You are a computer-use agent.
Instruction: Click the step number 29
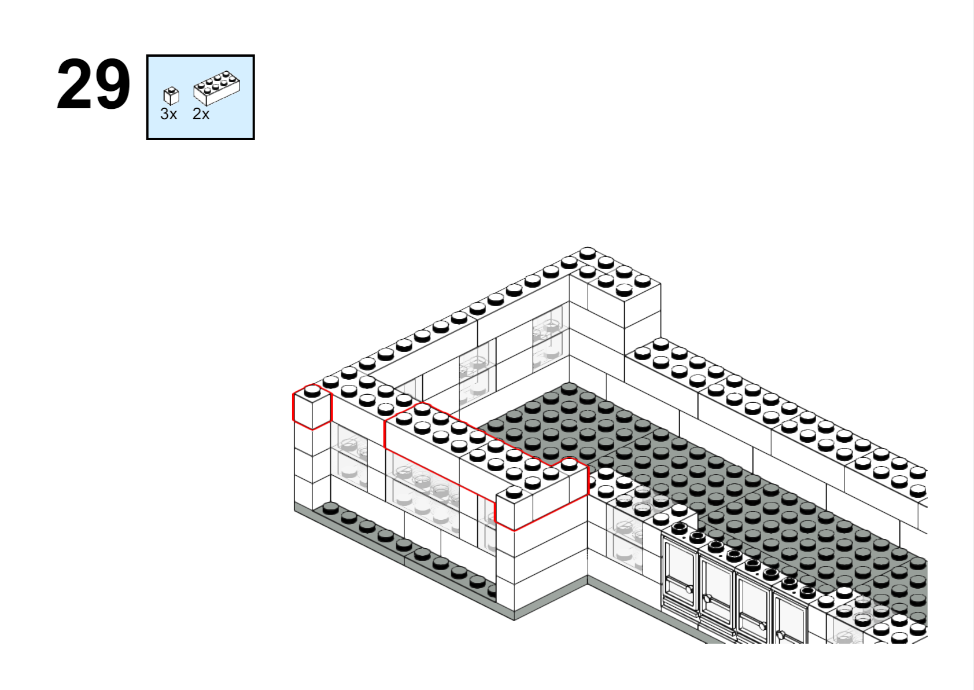click(94, 85)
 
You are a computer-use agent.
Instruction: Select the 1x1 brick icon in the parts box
click(171, 96)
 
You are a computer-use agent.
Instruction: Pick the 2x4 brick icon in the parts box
click(216, 88)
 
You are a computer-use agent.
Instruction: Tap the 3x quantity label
click(169, 114)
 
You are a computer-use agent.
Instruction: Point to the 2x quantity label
click(201, 114)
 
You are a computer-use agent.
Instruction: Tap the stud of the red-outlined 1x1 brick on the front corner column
click(514, 493)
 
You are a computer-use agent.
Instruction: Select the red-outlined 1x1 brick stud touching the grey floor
click(570, 464)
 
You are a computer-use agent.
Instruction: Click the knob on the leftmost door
click(689, 589)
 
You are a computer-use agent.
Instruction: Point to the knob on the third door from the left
click(763, 626)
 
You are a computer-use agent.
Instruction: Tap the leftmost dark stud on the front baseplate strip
click(330, 508)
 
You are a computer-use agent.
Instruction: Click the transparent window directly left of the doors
click(625, 539)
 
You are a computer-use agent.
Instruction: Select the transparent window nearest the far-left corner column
click(349, 457)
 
